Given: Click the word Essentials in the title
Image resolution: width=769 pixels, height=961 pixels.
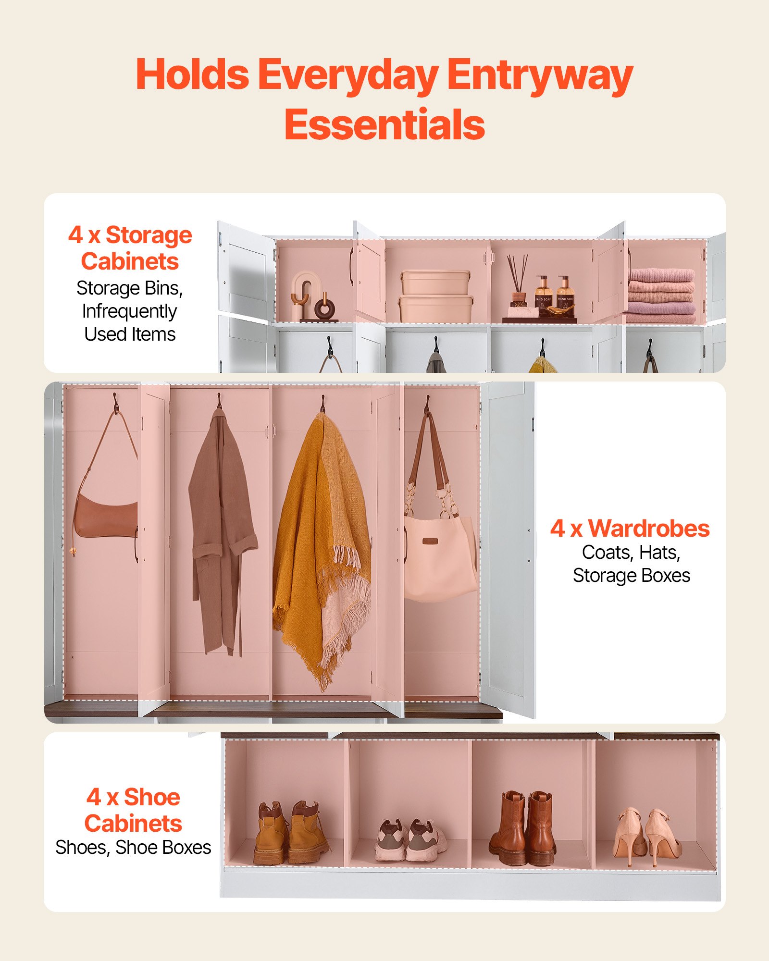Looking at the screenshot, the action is point(384,124).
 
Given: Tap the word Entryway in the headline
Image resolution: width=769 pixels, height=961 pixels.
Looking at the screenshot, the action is point(540,76).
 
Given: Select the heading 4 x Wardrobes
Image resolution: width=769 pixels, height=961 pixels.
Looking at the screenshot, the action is point(630,528).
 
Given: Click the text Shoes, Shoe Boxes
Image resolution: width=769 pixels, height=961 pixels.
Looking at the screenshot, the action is point(133,847).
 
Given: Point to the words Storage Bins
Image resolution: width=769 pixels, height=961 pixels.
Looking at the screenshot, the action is point(129,288).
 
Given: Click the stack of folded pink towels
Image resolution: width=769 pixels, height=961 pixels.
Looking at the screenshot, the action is point(661,296).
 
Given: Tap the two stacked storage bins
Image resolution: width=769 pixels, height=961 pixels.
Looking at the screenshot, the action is point(435,296).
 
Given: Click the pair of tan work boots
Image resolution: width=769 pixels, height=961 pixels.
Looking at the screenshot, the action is point(290,833).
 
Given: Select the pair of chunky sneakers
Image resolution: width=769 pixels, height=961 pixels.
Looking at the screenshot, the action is point(411,840).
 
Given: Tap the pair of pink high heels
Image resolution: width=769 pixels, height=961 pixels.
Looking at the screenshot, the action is point(647,836).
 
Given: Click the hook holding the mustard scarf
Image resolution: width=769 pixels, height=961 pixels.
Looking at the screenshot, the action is point(322,404).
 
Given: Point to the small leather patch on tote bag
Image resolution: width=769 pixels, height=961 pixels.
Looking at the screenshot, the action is point(430,542).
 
